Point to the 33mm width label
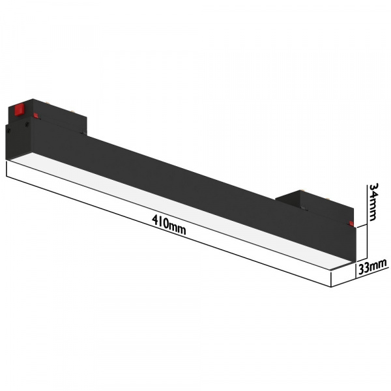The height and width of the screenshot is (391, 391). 371,266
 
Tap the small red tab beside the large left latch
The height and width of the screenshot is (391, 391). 36,117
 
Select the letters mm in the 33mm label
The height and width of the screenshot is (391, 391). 379,265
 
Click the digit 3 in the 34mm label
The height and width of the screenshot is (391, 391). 373,188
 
